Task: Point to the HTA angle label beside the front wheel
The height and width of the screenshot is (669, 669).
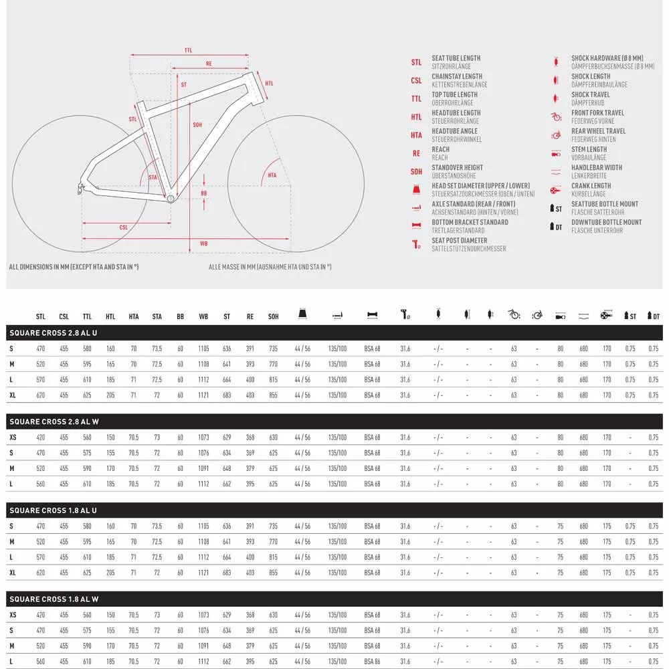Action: click(272, 175)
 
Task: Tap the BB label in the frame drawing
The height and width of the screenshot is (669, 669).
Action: click(204, 193)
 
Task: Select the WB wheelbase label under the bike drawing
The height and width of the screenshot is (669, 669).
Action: click(204, 244)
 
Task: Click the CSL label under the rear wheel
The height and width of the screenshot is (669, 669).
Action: click(124, 227)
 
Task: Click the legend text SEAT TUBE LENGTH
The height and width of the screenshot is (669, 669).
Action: click(456, 58)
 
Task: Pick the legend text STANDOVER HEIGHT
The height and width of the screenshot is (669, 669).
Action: click(457, 167)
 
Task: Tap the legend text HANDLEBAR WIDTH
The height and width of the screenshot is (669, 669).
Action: click(596, 167)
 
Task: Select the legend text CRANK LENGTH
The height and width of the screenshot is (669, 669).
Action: click(591, 186)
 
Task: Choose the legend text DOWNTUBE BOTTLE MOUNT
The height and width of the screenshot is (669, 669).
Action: click(606, 222)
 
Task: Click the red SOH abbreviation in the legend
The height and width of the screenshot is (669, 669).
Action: click(416, 172)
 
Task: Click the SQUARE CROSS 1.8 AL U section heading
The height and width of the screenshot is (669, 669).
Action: click(53, 510)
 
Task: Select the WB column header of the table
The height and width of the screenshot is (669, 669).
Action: click(203, 316)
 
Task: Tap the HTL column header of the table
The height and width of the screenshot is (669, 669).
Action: click(110, 316)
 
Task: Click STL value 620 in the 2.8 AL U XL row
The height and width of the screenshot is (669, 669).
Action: click(41, 395)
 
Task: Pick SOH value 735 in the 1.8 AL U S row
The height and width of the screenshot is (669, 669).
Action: click(273, 526)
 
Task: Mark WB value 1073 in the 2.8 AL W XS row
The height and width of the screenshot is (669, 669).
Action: click(203, 438)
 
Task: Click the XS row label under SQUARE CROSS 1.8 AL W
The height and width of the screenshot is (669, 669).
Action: click(13, 615)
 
